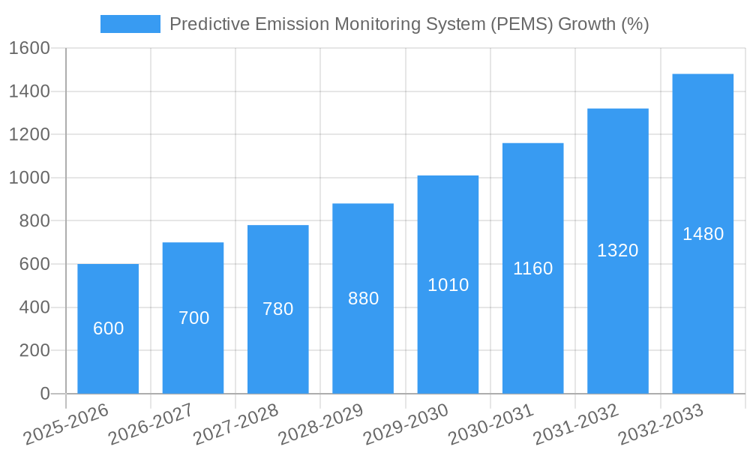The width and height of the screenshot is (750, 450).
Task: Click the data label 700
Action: pyautogui.click(x=193, y=318)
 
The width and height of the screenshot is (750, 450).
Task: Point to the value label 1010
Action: pyautogui.click(x=448, y=285)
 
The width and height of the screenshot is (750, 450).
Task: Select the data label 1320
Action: pyautogui.click(x=617, y=250)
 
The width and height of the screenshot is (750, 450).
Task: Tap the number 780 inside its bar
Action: pyautogui.click(x=278, y=309)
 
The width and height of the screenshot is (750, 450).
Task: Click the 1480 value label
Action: pyautogui.click(x=703, y=234)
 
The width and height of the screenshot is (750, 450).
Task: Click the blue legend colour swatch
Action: pyautogui.click(x=130, y=24)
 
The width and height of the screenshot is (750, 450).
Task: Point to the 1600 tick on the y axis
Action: pyautogui.click(x=29, y=49)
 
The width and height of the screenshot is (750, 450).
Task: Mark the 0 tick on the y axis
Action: pyautogui.click(x=44, y=394)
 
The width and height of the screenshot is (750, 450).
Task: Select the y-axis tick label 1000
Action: pyautogui.click(x=29, y=178)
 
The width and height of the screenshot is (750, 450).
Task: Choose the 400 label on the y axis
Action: pyautogui.click(x=34, y=307)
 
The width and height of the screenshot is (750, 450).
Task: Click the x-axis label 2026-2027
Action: pyautogui.click(x=151, y=424)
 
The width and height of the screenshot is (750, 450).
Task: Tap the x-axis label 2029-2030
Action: pyautogui.click(x=406, y=424)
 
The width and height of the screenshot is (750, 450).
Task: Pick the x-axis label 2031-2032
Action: pyautogui.click(x=576, y=424)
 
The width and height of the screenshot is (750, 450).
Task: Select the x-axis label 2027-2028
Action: pyautogui.click(x=235, y=424)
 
